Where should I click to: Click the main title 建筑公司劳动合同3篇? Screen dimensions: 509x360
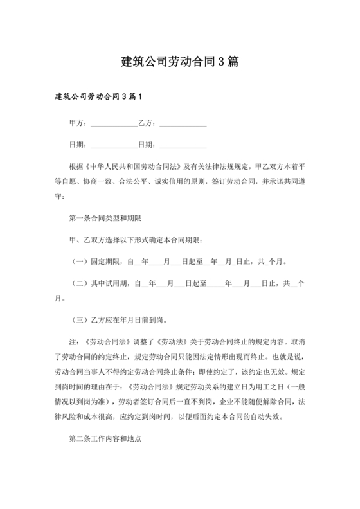[180, 62]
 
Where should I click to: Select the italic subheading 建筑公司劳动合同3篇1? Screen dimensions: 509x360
[97, 97]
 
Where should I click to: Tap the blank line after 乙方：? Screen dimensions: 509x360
[183, 124]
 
